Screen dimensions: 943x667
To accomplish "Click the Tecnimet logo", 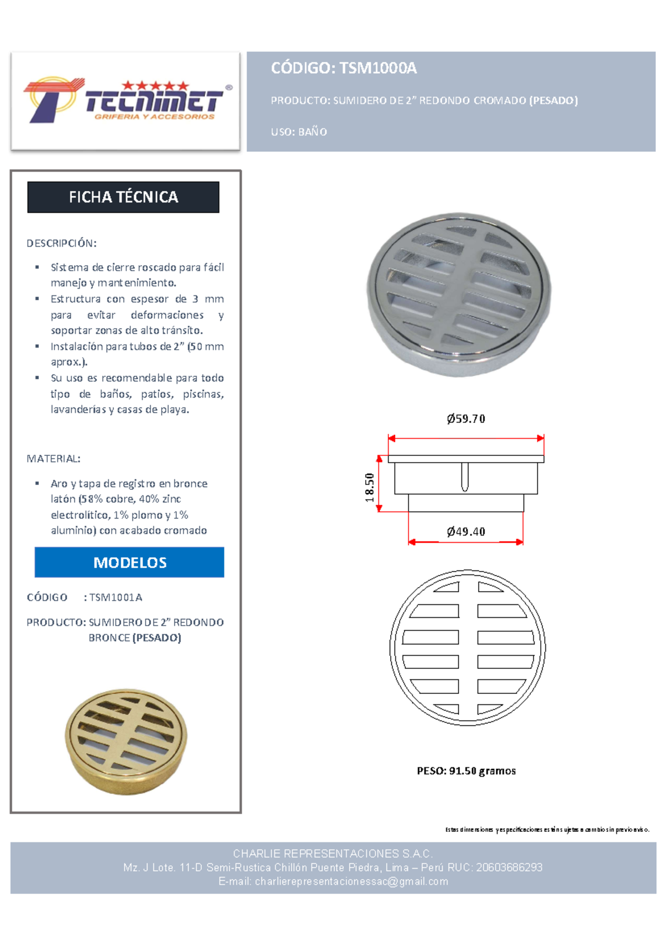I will pos(127,101).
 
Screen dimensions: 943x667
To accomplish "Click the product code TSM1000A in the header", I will pos(377,68).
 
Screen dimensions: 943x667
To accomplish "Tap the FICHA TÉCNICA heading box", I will pos(123,197).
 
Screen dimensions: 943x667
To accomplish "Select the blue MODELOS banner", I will pos(130,562).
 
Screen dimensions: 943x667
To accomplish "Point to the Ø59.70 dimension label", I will pos(466,419).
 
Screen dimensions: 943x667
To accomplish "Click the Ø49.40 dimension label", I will pos(466,532).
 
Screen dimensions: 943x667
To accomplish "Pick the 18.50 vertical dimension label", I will pos(370,487).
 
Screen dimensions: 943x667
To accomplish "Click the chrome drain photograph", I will pos(459,294).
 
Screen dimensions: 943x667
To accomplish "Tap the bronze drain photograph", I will pos(126,741).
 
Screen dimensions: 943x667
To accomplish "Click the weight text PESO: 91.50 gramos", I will pos(466,771).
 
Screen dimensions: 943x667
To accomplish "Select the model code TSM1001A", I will pos(116,597).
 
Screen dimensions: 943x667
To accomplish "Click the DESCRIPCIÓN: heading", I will pos(62,243).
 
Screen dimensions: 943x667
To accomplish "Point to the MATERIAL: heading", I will pos(54,459).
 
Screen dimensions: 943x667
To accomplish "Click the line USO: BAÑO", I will pos(299,132).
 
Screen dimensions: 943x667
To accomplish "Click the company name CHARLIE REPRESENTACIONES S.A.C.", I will pos(332,853).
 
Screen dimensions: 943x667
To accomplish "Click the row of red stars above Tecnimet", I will pos(156,86).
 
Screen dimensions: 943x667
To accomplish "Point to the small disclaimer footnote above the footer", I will pos(547,830).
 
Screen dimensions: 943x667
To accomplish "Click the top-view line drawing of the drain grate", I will pos(467,647).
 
